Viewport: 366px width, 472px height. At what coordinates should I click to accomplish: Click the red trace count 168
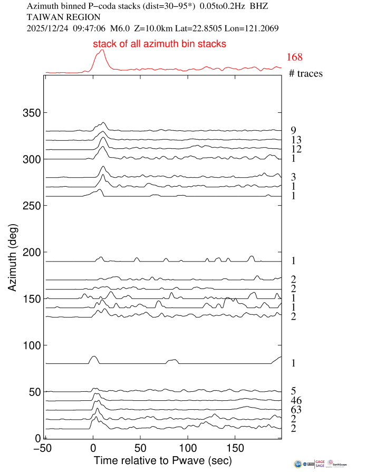tap(294, 57)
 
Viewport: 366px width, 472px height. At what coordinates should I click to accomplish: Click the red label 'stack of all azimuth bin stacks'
tap(160, 44)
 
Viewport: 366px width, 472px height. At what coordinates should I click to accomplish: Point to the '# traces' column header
tap(306, 73)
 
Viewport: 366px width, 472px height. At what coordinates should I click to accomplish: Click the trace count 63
tap(296, 410)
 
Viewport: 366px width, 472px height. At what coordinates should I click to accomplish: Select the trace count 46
tap(296, 401)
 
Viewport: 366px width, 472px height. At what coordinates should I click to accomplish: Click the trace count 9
tap(293, 130)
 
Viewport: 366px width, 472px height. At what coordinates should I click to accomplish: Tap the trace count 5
tap(293, 391)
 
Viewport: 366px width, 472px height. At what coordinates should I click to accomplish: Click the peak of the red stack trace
tap(102, 50)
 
